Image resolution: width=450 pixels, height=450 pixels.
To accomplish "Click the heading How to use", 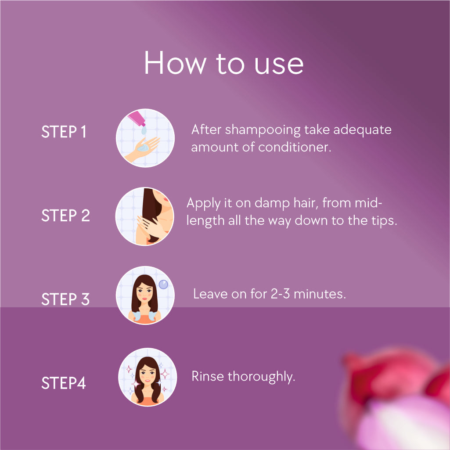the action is (x=223, y=63).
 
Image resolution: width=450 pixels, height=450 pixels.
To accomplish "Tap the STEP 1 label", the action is (x=64, y=132).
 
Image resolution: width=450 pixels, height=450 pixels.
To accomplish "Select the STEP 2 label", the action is (x=65, y=215).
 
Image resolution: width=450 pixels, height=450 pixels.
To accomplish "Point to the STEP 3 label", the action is (x=65, y=299).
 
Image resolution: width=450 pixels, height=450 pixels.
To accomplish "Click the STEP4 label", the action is (x=63, y=383).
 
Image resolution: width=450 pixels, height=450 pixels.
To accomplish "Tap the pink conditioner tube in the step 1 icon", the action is (x=137, y=118).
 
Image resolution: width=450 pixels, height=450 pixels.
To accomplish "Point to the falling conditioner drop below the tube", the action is (x=144, y=130).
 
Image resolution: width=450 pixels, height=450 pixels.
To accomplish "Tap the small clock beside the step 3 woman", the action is (x=163, y=284).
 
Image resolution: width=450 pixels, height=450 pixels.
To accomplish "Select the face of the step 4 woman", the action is (x=147, y=375).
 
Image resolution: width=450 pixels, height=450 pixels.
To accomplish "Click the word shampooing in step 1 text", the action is (x=263, y=130).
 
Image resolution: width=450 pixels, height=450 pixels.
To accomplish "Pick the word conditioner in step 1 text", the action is (x=295, y=147).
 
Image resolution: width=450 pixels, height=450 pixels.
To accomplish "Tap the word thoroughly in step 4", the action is (x=262, y=377).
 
